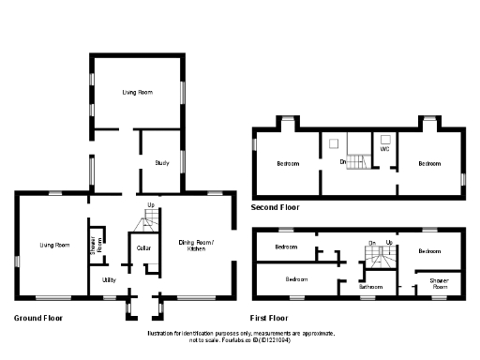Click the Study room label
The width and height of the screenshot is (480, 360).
tap(162, 163)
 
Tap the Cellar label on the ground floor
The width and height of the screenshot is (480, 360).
tap(144, 247)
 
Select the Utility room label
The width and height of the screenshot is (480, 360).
tap(110, 279)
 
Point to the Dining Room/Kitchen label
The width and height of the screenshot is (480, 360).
tap(197, 246)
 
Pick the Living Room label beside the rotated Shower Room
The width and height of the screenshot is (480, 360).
tap(54, 245)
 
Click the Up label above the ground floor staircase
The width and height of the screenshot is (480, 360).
tap(150, 205)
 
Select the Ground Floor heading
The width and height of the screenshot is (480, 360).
tap(37, 319)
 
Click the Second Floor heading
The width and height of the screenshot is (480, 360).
tap(276, 206)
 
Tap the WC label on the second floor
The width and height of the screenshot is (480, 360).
tap(384, 149)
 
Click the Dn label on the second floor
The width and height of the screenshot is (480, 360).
tap(344, 163)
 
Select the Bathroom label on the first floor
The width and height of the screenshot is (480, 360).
tap(371, 287)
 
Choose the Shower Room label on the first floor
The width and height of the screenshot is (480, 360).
tap(439, 282)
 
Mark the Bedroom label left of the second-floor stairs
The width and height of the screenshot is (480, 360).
tap(288, 164)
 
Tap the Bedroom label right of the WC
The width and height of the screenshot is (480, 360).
tap(429, 164)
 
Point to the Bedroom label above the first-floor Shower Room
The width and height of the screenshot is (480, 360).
tap(429, 251)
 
